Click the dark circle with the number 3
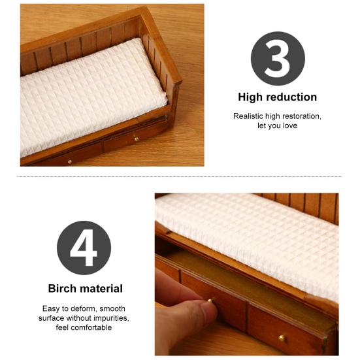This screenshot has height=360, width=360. [278, 58]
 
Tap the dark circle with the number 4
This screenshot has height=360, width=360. [84, 248]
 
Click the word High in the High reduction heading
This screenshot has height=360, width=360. [251, 97]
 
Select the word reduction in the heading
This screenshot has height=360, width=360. [291, 97]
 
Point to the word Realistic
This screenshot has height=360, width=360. [249, 116]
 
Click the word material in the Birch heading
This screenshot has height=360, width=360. [101, 288]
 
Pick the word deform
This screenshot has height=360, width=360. [88, 308]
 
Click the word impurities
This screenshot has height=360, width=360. [110, 318]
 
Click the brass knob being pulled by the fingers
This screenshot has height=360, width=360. [212, 301]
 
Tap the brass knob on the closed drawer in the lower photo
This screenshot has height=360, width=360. [282, 338]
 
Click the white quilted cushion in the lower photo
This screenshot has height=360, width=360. [255, 235]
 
